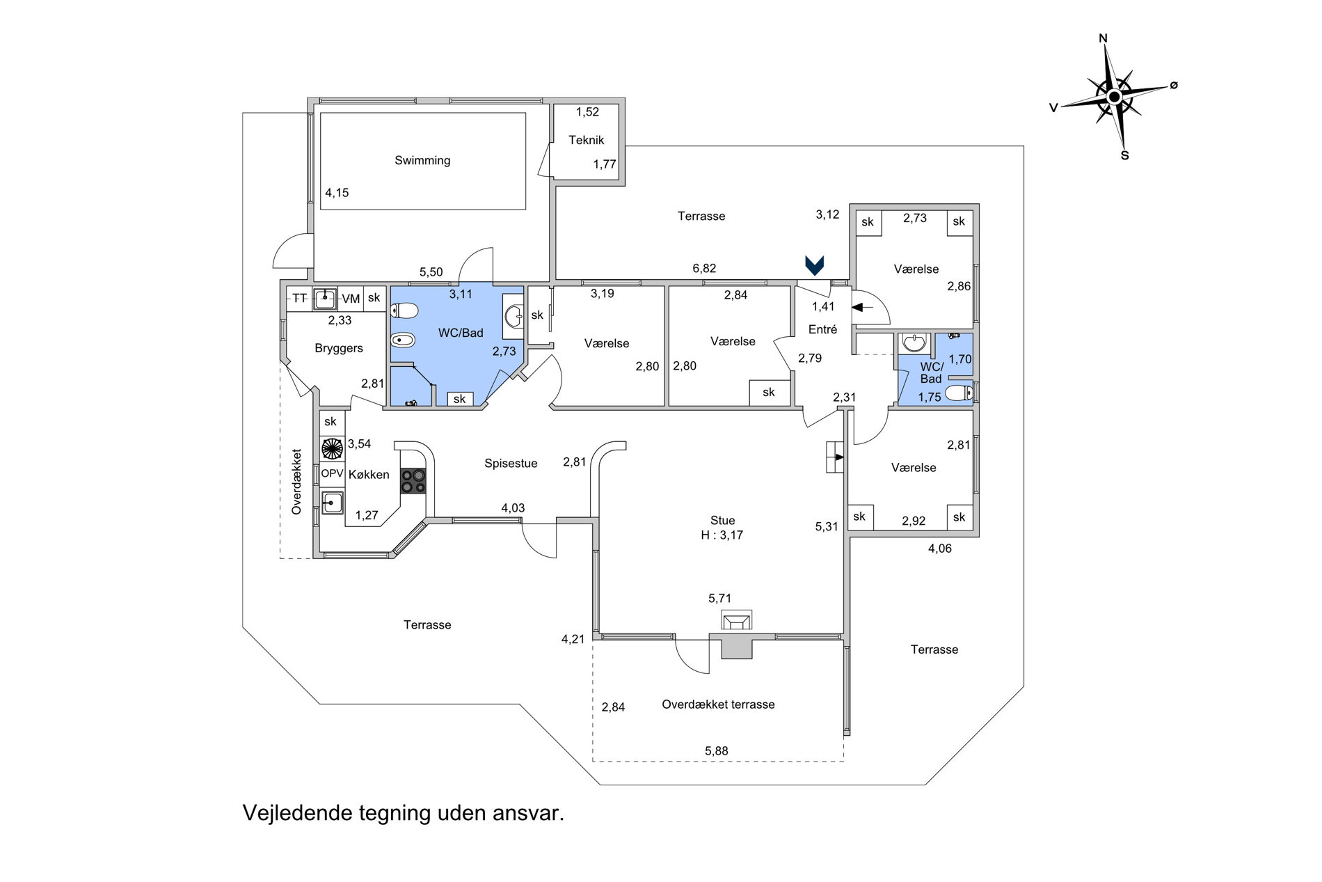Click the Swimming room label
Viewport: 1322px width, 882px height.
click(422, 161)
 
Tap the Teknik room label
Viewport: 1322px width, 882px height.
click(586, 140)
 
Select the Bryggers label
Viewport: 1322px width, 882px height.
click(339, 348)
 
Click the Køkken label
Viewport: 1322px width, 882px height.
click(369, 475)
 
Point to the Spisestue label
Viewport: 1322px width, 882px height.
click(511, 464)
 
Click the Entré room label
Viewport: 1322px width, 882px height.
click(822, 329)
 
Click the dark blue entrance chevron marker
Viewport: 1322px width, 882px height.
click(815, 265)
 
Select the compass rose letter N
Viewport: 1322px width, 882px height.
click(1103, 38)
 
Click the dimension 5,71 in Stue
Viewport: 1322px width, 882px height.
click(720, 598)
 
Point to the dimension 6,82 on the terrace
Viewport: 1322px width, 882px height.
click(704, 268)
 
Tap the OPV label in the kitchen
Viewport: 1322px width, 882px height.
click(332, 473)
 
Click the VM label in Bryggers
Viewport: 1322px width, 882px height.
click(351, 299)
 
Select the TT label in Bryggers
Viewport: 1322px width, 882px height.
click(299, 298)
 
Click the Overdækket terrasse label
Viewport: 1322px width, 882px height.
click(718, 704)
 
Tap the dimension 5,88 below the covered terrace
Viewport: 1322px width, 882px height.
click(717, 750)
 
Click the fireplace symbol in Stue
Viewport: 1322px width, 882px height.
click(736, 620)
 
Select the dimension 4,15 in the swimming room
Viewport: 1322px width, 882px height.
click(337, 193)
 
